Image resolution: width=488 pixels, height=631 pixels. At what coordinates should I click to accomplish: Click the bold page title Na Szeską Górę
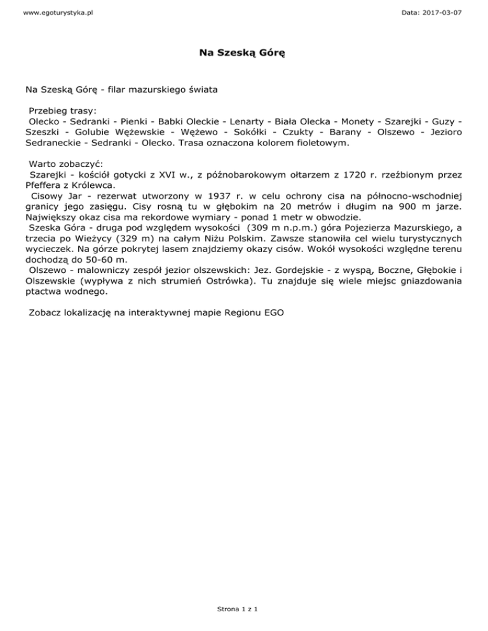[244, 55]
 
